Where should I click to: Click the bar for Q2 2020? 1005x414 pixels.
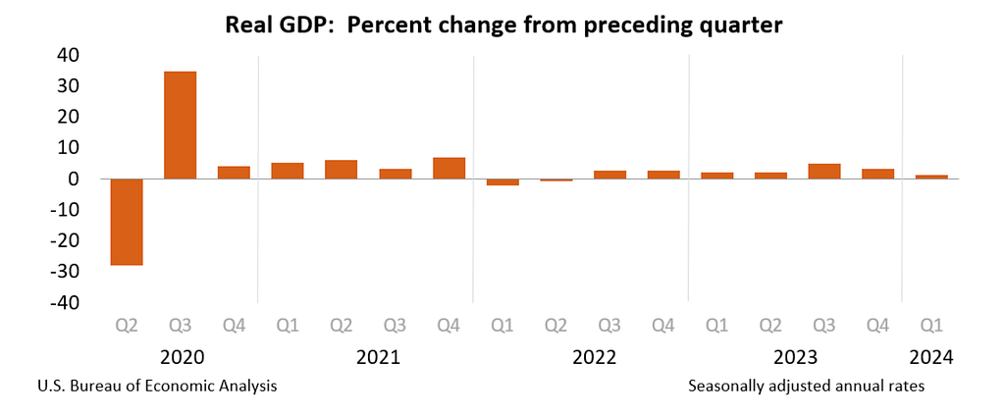tap(127, 222)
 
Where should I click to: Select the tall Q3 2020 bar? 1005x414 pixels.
tap(181, 125)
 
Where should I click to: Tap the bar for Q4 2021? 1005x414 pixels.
tap(449, 168)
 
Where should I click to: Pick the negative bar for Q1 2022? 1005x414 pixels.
tap(502, 182)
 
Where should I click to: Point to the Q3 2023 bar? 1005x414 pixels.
tap(824, 171)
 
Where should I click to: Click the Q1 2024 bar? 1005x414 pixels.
tap(931, 177)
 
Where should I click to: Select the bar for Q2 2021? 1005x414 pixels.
tap(341, 169)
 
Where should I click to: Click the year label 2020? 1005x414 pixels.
tap(182, 357)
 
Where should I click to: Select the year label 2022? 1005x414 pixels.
tap(594, 357)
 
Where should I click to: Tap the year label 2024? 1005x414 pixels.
tap(931, 357)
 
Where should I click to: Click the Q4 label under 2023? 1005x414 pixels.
tap(877, 327)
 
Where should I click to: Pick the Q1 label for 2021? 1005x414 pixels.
tap(288, 327)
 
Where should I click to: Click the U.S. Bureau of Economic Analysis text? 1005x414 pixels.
tap(158, 388)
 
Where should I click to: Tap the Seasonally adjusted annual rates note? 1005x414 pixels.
tap(807, 388)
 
